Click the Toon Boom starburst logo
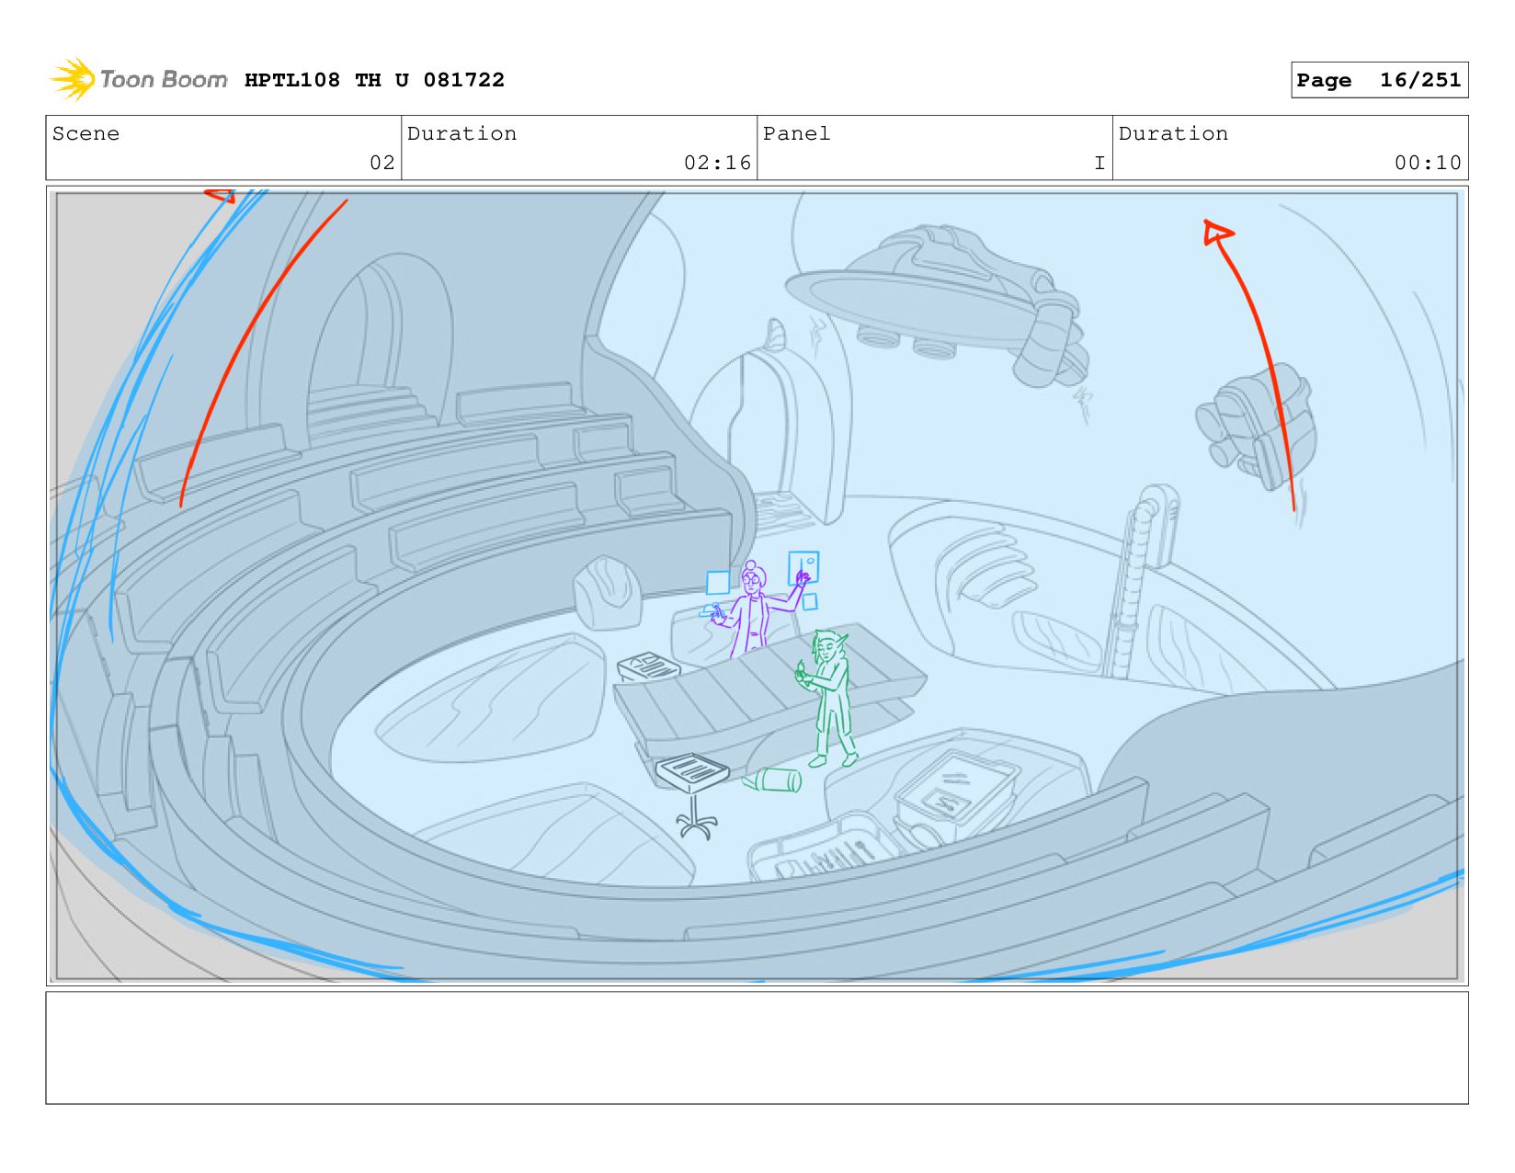tap(73, 79)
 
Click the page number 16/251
tap(1420, 80)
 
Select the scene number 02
tap(382, 163)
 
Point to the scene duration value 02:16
tap(717, 163)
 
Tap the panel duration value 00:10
tap(1427, 163)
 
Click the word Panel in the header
tap(796, 133)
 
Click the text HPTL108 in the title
tap(292, 80)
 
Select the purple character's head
tap(752, 577)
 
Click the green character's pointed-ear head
tap(828, 647)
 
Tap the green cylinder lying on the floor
tap(772, 780)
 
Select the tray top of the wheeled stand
tap(691, 770)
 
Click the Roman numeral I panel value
tap(1099, 163)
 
